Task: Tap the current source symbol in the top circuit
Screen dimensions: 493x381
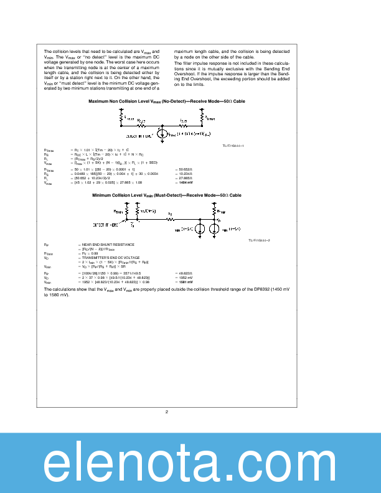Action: click(x=161, y=133)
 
